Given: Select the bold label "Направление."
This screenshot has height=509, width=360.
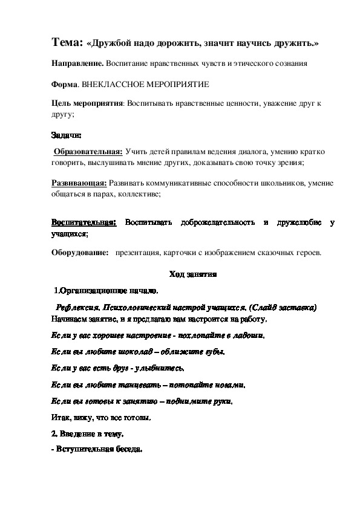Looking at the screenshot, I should (x=77, y=62).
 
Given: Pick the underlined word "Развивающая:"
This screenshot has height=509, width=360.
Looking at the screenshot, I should (x=79, y=183).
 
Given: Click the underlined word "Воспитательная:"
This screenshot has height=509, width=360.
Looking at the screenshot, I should (x=83, y=223).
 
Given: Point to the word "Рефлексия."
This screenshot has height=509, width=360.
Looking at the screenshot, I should (x=76, y=308).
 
